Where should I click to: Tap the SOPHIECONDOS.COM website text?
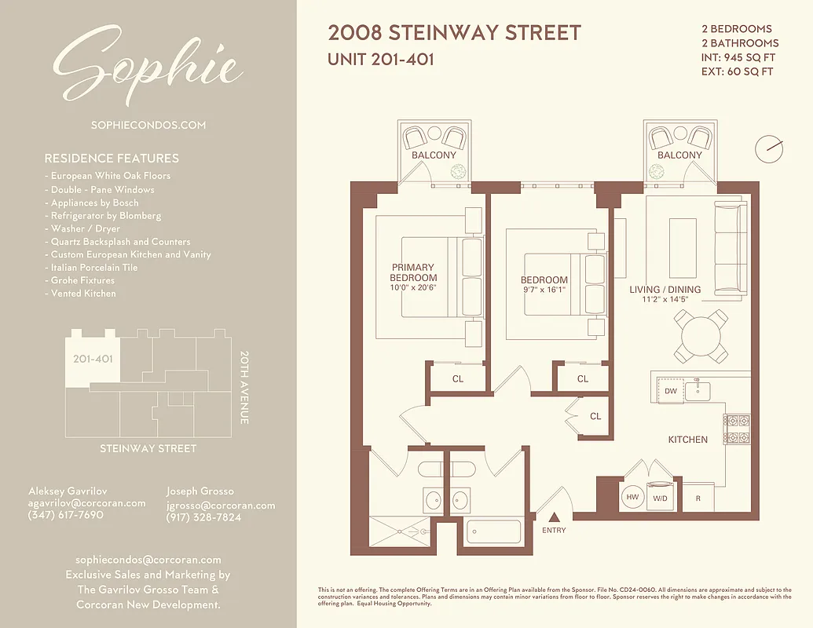coord(148,125)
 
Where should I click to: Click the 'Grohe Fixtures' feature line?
coord(82,280)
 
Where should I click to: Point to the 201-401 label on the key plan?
coord(93,359)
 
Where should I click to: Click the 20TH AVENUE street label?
coord(244,387)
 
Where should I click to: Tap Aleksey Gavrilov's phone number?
coord(65,515)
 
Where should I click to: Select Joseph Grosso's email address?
coord(221,506)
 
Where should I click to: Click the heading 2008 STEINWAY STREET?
coord(454,33)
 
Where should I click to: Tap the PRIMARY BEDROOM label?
coord(413,272)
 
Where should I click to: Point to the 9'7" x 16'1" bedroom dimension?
coord(544,290)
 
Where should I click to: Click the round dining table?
coord(701,336)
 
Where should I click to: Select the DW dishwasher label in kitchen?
coord(670,391)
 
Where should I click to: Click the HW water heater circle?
coord(632,497)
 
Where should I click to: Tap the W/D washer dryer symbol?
coord(661,497)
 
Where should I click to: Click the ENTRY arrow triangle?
coord(554,517)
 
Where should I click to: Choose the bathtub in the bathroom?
coord(493,531)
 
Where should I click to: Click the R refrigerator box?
coord(698,498)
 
